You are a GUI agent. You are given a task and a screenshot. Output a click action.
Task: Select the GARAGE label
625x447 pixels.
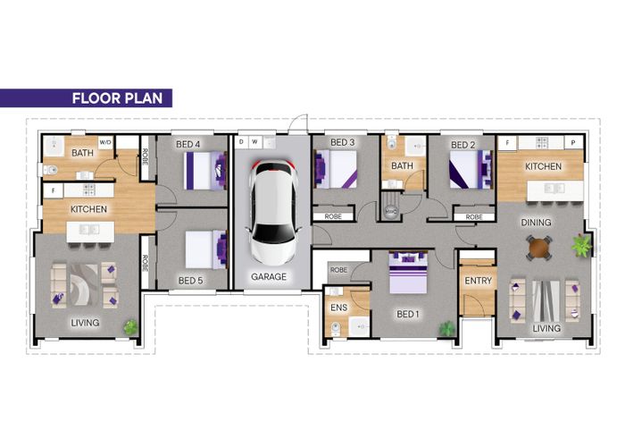click(269, 277)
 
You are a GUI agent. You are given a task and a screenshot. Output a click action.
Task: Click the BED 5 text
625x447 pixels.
click(191, 281)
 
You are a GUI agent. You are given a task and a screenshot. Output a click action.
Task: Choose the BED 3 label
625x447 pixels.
click(343, 143)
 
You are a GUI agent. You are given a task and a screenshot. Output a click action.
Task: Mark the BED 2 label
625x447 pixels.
click(463, 144)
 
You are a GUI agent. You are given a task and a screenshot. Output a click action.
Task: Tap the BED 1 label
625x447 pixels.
click(409, 315)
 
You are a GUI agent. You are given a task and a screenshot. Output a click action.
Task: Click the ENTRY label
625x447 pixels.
click(477, 281)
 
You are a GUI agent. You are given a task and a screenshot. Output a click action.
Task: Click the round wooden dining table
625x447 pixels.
click(538, 246)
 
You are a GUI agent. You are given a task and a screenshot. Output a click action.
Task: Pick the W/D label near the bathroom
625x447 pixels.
click(104, 142)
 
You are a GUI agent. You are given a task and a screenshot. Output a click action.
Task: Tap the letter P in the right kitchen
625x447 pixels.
click(572, 143)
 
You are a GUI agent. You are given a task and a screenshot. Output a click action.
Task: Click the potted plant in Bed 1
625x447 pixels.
click(446, 329)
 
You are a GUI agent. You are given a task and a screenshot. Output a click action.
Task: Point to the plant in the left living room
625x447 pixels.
click(131, 327)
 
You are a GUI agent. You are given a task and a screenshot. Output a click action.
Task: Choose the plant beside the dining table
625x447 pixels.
click(582, 244)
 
